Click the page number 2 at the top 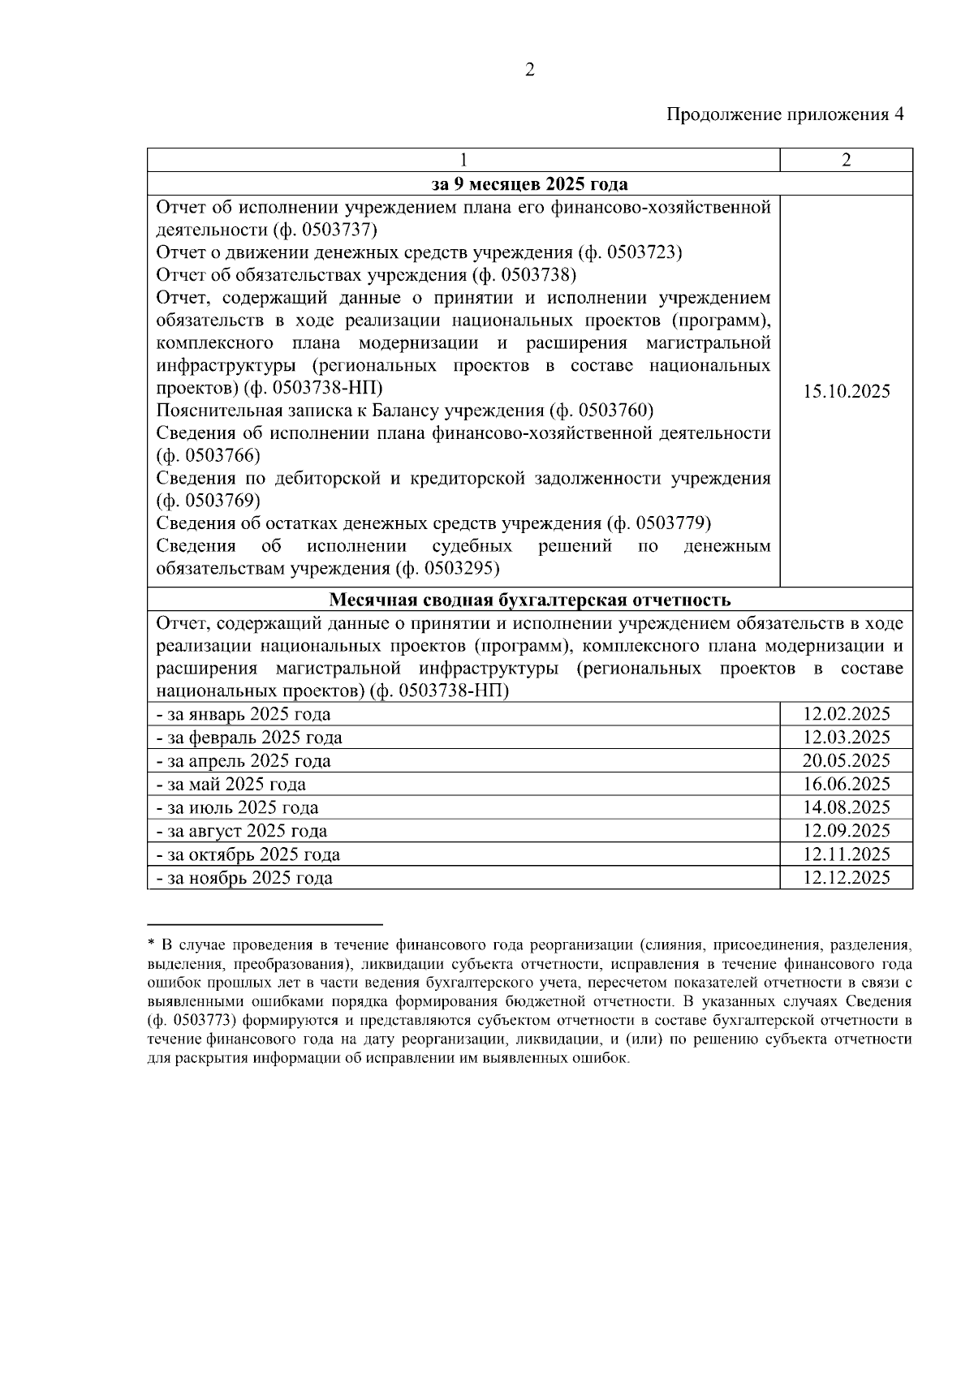(529, 71)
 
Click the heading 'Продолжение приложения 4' (785, 114)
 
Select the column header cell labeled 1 (463, 160)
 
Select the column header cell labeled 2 (846, 160)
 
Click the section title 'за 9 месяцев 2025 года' (529, 183)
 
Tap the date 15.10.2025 (846, 392)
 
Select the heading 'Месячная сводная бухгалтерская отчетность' (529, 600)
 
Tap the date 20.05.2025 (846, 761)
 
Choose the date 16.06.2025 (846, 784)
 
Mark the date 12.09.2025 (846, 831)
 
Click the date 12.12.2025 (846, 878)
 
